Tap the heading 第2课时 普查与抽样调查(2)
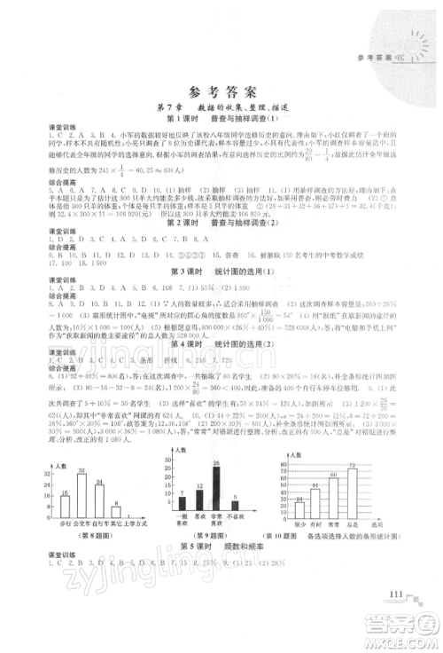tap(221, 246)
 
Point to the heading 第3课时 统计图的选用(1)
tap(221, 294)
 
